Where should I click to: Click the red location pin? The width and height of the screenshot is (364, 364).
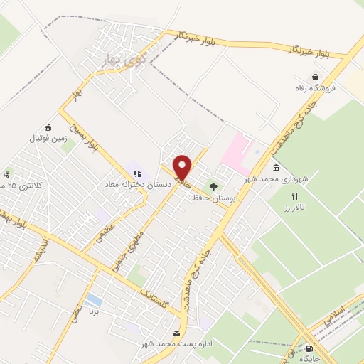pos(183,167)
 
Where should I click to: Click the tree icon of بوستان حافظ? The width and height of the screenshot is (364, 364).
pos(214,186)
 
